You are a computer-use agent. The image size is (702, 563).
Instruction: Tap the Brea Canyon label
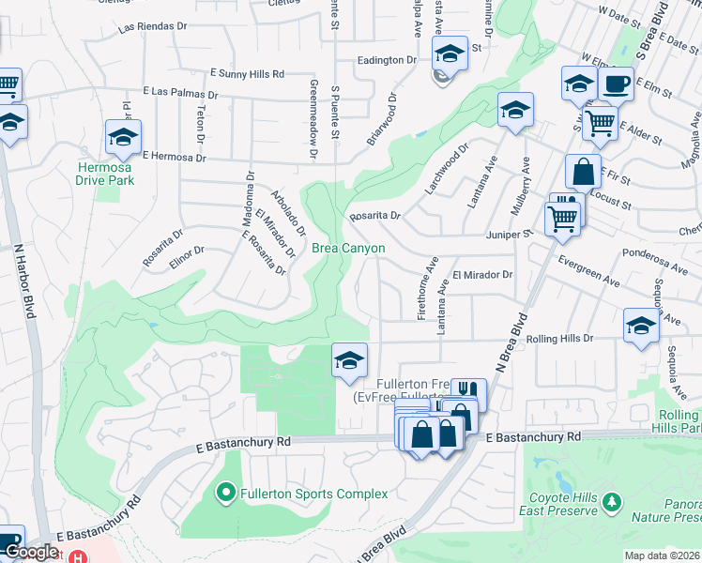[348, 248]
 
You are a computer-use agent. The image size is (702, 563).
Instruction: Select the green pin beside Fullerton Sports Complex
[225, 492]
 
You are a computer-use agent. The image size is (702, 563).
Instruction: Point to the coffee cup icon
[616, 84]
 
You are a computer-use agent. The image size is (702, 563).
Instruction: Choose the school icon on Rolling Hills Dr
[641, 326]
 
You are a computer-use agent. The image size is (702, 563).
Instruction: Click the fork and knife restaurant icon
[468, 391]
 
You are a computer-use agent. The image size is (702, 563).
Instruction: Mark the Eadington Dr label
[386, 60]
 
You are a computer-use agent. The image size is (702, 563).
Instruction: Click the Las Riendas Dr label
[154, 28]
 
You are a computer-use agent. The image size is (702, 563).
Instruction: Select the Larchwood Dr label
[446, 169]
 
